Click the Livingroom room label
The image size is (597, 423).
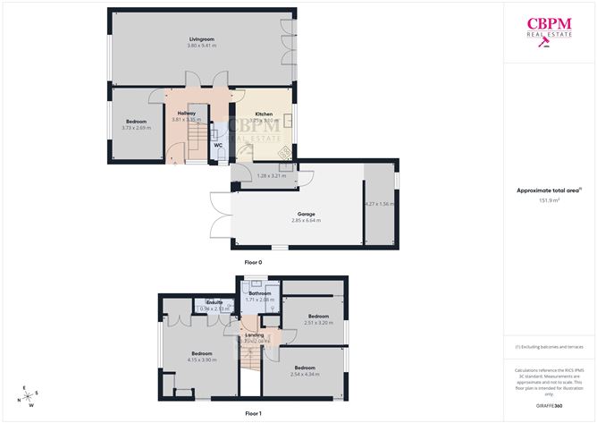[202, 39]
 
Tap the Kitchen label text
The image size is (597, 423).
[264, 114]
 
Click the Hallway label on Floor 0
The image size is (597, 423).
[187, 114]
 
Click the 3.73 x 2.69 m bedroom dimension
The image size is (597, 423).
[136, 128]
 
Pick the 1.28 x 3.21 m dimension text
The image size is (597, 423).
[270, 176]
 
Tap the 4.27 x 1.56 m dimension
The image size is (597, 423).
[379, 205]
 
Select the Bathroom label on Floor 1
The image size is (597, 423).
[260, 293]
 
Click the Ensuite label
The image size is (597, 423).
[214, 303]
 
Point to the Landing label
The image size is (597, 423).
[255, 334]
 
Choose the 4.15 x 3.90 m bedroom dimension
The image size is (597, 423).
[204, 360]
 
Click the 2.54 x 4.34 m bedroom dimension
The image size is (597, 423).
[305, 373]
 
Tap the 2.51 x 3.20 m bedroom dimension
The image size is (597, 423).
[317, 322]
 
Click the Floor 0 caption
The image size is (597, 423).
[253, 262]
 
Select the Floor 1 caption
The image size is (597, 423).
[253, 414]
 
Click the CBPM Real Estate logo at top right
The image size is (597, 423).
[549, 30]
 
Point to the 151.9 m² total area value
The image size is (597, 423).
[549, 200]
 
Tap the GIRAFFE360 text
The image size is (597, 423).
[549, 406]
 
